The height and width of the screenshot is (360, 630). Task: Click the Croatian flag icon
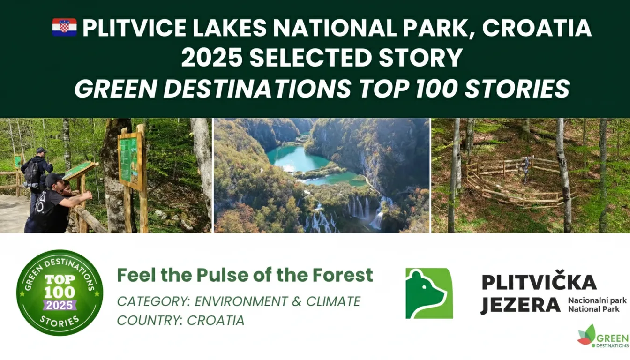(64, 27)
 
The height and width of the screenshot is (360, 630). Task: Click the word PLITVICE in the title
(134, 28)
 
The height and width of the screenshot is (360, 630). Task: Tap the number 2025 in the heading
(212, 57)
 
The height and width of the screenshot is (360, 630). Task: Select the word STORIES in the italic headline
(517, 88)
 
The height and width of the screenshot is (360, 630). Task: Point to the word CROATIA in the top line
(537, 28)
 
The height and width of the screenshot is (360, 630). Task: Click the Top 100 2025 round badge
(60, 292)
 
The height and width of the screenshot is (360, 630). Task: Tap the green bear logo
(429, 293)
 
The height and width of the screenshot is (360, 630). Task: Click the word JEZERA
(520, 305)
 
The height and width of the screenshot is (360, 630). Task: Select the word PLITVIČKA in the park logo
(539, 282)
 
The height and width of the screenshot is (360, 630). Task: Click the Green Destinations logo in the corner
(603, 336)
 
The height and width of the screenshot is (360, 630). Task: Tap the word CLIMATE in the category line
(333, 301)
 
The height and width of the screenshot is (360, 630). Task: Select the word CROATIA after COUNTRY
(216, 320)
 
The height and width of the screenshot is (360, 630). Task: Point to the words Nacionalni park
(597, 300)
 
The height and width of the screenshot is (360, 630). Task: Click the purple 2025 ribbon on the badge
(60, 305)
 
